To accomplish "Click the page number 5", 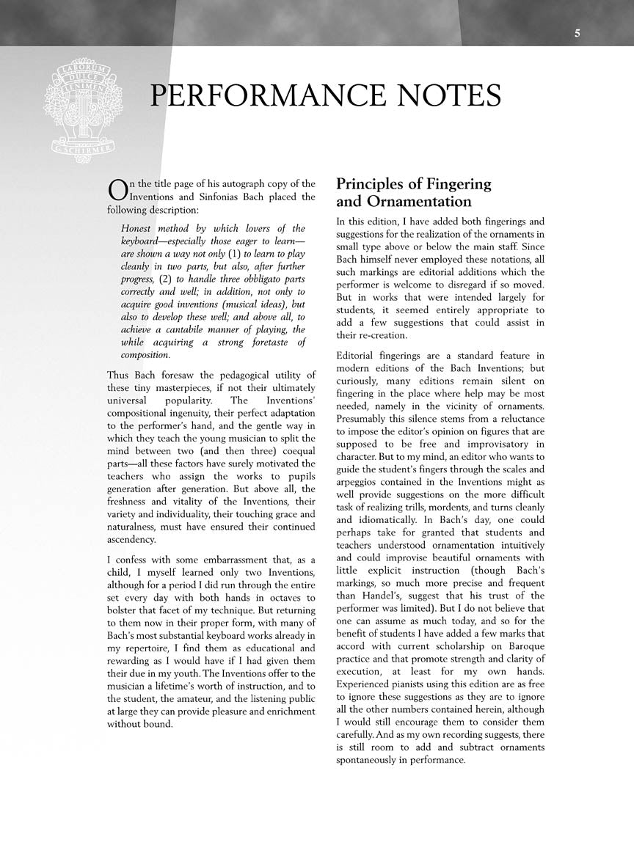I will pyautogui.click(x=578, y=33).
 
